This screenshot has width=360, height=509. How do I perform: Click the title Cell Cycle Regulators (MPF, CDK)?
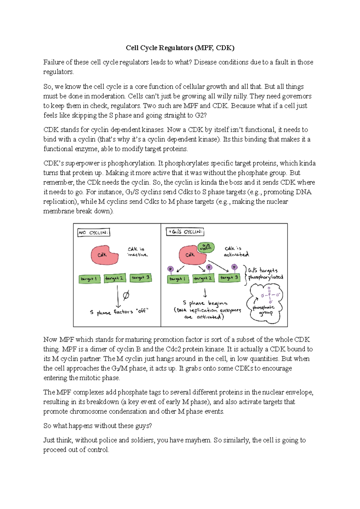180,48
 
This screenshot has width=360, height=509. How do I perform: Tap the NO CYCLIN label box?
94,233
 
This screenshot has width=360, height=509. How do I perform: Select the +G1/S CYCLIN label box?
185,232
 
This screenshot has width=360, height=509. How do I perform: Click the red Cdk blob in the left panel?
104,255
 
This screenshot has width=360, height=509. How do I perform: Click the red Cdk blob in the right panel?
191,255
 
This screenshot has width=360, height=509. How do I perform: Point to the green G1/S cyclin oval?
206,247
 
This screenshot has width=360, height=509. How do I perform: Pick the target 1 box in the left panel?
89,279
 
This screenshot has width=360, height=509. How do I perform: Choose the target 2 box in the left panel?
115,278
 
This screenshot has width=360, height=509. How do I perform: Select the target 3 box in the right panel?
229,278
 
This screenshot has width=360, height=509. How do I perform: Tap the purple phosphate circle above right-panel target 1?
170,269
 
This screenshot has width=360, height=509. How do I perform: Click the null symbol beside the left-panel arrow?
126,295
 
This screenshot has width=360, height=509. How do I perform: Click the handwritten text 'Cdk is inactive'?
137,252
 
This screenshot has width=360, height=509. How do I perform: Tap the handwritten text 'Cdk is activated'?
236,251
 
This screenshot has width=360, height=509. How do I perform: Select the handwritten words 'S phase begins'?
205,303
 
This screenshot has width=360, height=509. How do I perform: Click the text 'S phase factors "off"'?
119,312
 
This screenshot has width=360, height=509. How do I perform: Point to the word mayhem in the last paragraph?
198,440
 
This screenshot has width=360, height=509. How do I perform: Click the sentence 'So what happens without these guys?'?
97,426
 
